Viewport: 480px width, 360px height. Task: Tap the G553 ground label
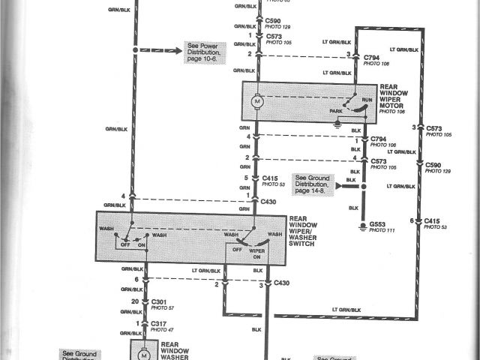376,224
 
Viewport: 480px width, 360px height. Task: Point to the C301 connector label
159,301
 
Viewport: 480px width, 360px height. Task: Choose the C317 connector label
159,322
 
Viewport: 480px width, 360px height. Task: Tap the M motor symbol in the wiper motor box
256,100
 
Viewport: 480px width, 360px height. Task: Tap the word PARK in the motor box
331,111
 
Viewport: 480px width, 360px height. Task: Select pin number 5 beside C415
245,178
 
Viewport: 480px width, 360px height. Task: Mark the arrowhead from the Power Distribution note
178,49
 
